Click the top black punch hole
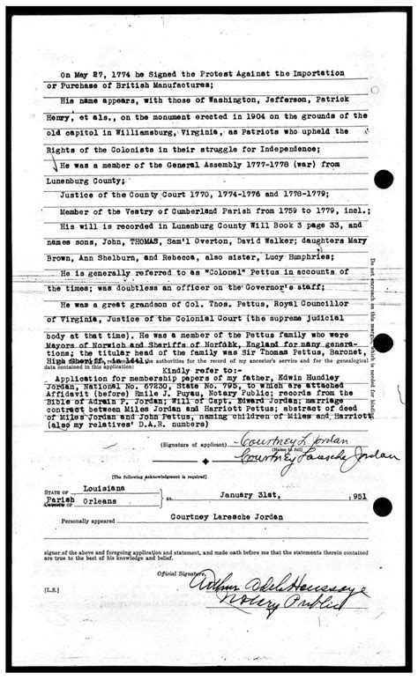[384, 180]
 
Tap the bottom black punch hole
[384, 506]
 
